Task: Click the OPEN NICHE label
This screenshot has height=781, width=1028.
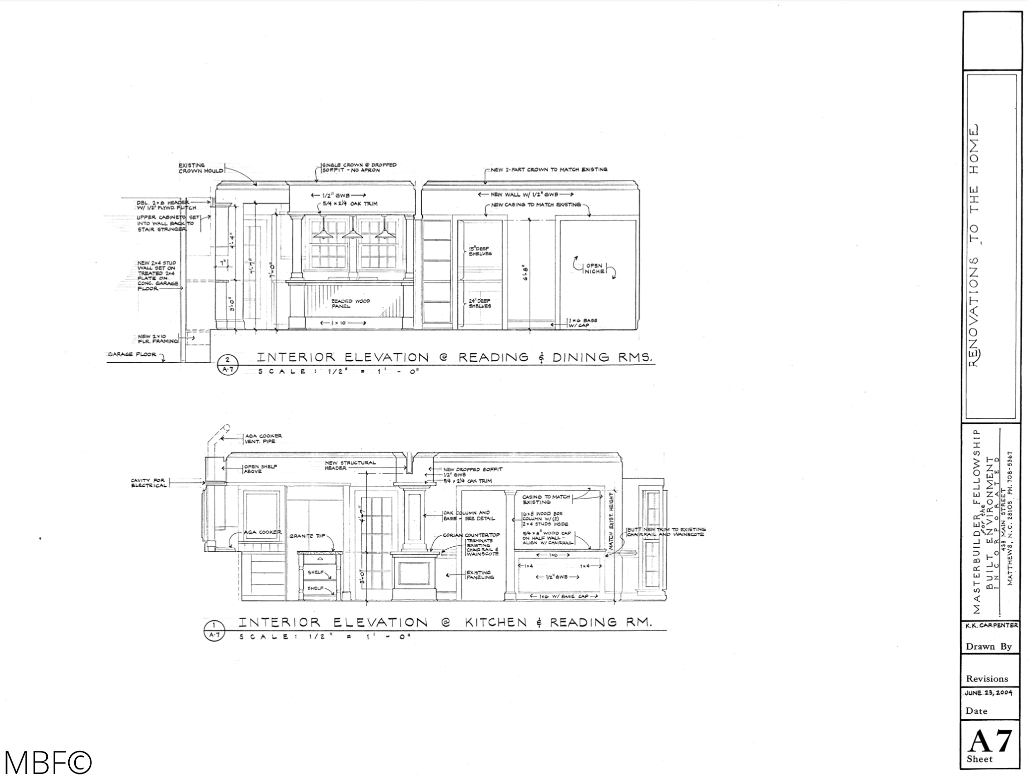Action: click(594, 269)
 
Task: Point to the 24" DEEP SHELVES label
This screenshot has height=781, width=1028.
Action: click(480, 303)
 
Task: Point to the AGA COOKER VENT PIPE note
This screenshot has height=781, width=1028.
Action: click(263, 438)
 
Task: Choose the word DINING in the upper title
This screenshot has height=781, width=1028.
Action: click(581, 357)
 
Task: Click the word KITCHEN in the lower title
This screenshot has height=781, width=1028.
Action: click(496, 622)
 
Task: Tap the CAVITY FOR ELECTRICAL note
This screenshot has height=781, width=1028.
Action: click(149, 483)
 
